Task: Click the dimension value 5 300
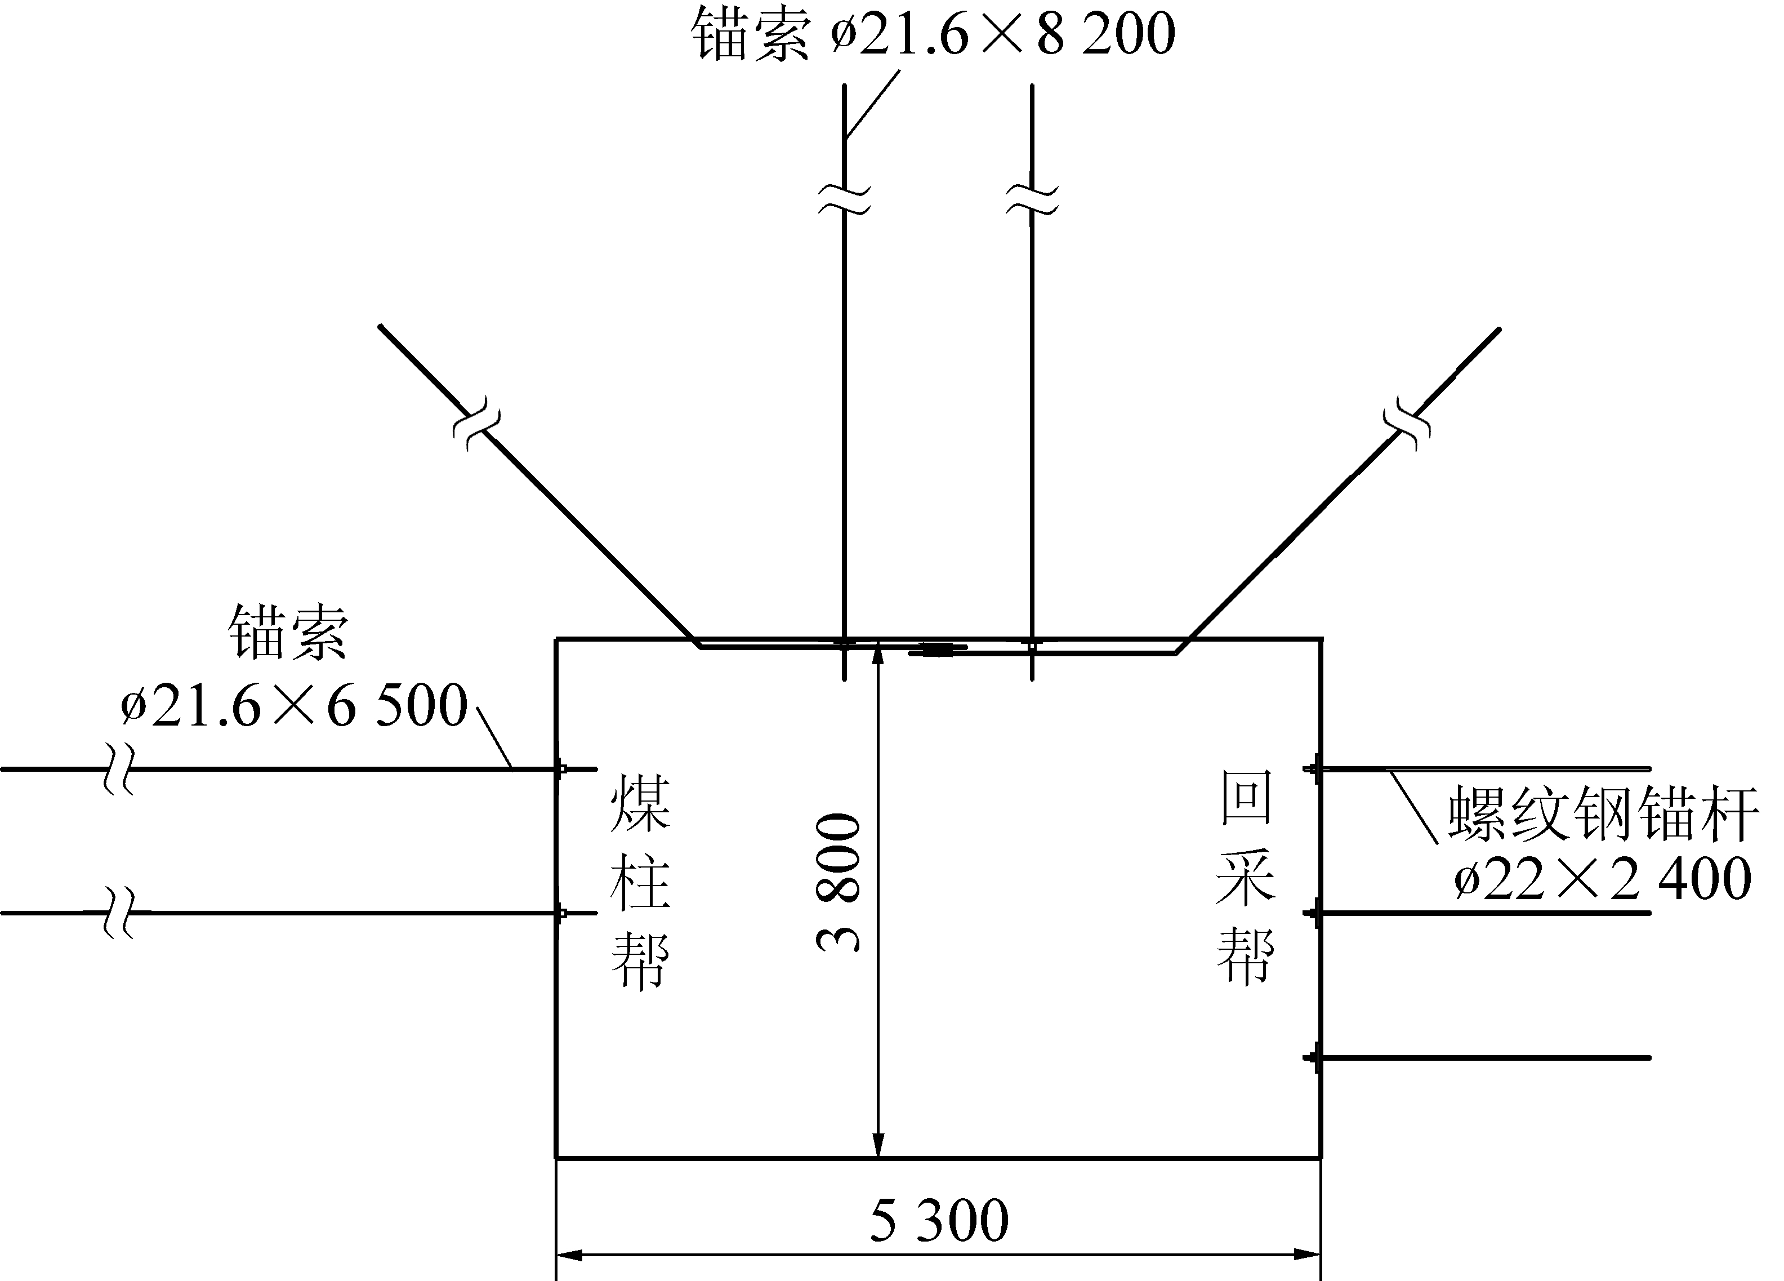[x=938, y=1220]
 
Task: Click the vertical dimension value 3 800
[x=839, y=882]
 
